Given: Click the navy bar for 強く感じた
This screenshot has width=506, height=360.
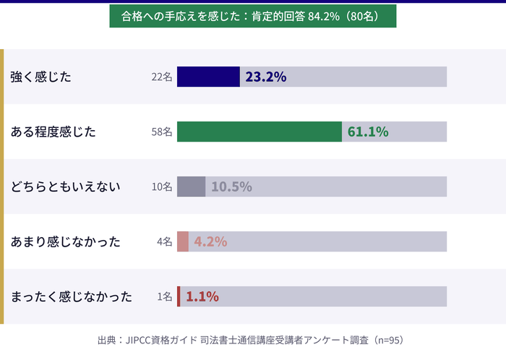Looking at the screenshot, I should [208, 77].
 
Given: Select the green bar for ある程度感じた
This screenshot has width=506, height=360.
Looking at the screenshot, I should [260, 132].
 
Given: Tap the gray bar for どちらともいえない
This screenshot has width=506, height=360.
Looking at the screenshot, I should [191, 187].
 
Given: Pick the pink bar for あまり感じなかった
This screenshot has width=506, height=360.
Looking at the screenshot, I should [183, 241].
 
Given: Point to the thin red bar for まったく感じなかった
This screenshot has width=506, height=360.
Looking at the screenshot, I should [179, 296].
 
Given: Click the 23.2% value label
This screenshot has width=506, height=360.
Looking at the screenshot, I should [266, 77].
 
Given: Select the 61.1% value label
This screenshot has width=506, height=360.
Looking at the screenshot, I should [368, 132].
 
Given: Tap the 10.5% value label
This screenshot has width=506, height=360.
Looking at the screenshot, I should [231, 187].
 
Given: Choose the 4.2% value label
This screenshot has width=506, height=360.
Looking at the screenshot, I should [210, 241].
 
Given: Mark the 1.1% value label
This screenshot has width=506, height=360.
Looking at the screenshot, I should [202, 296].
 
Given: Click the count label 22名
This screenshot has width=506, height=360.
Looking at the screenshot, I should [162, 77].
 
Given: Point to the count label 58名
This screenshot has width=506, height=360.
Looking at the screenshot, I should [162, 132].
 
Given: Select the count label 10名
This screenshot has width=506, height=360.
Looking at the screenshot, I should [162, 187].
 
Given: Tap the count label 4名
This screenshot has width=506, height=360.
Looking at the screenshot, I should [165, 242].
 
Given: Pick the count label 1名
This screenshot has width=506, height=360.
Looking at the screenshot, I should [165, 297].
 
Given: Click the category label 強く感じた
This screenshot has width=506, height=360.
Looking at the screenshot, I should [41, 77].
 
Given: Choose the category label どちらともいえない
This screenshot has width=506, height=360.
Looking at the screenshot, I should [65, 187].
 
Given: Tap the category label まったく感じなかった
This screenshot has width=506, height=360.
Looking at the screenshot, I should [72, 296].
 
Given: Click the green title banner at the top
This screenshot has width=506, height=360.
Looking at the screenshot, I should [253, 16].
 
